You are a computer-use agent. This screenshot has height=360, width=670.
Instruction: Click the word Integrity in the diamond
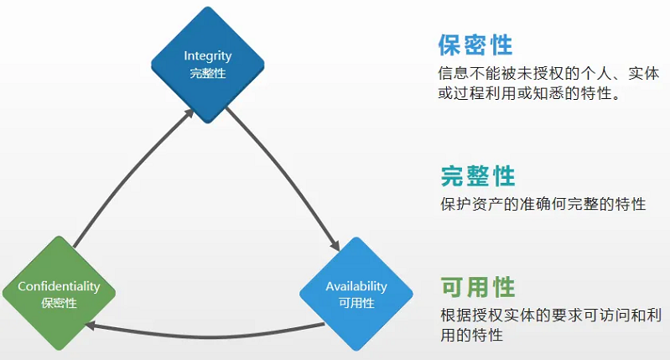(207, 56)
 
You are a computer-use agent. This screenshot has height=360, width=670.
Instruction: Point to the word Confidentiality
(58, 286)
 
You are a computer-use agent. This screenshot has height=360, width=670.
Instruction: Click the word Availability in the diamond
(356, 286)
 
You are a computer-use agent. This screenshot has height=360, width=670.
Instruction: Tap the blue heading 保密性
(475, 44)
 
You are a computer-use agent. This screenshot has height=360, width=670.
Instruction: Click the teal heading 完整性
(477, 176)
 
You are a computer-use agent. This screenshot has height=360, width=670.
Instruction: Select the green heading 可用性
(477, 288)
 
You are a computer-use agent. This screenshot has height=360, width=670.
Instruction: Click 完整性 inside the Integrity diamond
(207, 72)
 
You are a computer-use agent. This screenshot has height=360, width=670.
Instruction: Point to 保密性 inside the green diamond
(58, 302)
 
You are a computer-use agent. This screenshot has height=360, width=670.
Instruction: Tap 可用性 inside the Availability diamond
(356, 302)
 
